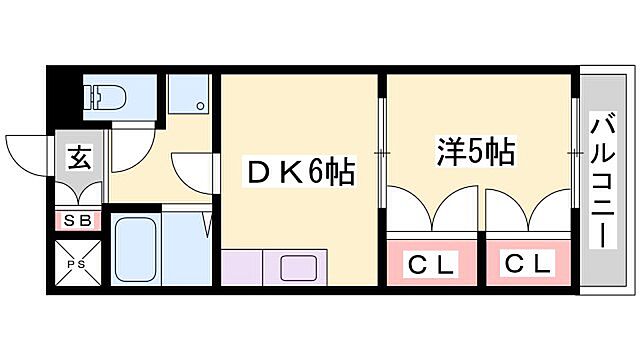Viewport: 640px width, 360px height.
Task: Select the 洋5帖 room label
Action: tap(475, 152)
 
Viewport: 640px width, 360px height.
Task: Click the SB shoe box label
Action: tap(77, 220)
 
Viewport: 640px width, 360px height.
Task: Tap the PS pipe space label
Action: tap(77, 264)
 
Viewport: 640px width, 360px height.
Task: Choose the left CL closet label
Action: tap(431, 265)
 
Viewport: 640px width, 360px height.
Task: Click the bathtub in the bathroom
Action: tap(133, 250)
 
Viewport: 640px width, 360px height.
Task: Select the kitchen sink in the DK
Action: tap(297, 268)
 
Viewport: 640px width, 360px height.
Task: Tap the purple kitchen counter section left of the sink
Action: tap(241, 268)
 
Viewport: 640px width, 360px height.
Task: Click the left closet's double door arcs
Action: tap(431, 212)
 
